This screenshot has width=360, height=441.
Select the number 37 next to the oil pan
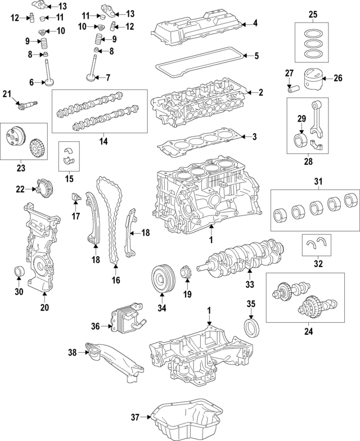135,417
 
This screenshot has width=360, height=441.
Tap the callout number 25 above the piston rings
313,13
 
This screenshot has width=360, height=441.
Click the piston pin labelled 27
292,88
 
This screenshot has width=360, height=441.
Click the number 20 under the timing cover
44,307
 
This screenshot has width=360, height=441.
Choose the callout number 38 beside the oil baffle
72,353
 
